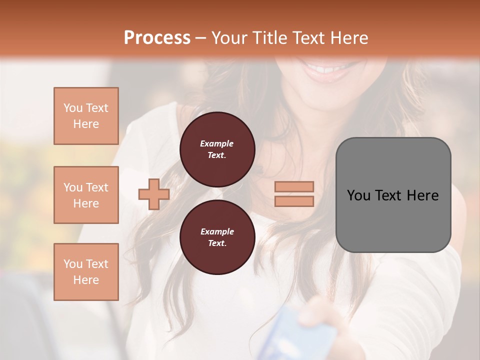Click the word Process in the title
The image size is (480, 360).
157,38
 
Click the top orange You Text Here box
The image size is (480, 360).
86,116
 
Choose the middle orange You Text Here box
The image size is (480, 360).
86,195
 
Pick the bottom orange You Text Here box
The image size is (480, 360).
86,272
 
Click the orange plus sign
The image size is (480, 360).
154,194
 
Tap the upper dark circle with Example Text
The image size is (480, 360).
217,149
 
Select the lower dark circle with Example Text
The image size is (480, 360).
217,237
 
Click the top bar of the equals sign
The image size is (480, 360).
294,186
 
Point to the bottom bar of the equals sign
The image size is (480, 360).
294,201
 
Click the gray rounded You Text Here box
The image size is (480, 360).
393,194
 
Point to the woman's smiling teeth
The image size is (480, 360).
330,67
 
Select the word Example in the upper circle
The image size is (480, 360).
216,143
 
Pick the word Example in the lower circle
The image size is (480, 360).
217,231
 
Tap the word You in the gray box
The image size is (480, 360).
359,195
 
